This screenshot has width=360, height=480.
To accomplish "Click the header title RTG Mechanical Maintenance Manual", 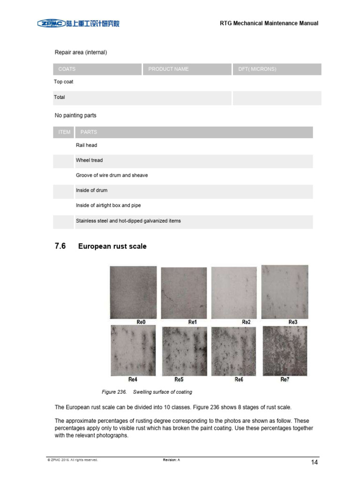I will point(269,23).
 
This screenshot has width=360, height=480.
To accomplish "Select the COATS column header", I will point(67,69).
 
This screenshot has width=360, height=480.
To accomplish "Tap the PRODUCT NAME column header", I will point(168,69).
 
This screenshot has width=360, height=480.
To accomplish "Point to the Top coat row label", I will point(64,82).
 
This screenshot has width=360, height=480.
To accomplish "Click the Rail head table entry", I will point(87,145).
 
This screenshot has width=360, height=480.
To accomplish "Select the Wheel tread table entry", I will point(89,160).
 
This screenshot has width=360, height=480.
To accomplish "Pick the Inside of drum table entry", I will point(91,190).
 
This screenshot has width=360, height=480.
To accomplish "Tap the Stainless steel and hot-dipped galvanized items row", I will point(128,221).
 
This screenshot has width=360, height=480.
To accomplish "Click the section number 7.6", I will point(60,246).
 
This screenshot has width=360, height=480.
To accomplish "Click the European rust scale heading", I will point(112,246).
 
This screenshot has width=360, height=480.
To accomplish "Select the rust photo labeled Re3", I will point(285,292).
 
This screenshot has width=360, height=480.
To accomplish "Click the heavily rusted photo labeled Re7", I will point(285,351).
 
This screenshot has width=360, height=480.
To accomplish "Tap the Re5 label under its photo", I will point(179,379).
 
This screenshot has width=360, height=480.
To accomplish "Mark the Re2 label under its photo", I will point(246,322).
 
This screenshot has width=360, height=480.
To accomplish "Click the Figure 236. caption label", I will point(115,392).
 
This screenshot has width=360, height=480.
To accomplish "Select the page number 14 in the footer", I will point(315,463).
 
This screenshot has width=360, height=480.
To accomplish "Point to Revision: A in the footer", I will point(172,460).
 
